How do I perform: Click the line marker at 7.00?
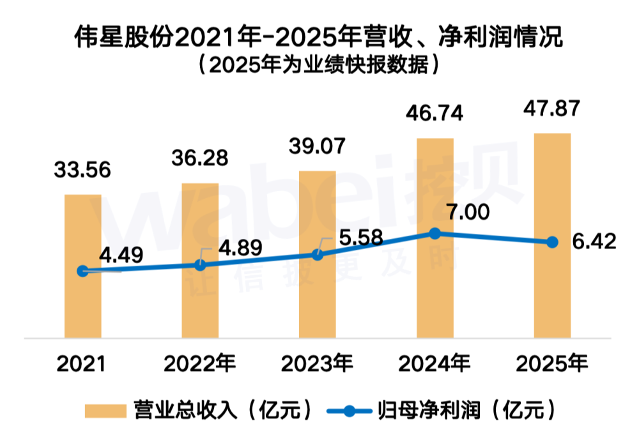435,234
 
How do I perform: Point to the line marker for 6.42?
552,242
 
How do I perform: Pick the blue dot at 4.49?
82,271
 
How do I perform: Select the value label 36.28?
200,158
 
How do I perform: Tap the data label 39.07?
318,146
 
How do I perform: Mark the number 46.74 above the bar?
435,114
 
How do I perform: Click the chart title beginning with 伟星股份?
318,38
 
